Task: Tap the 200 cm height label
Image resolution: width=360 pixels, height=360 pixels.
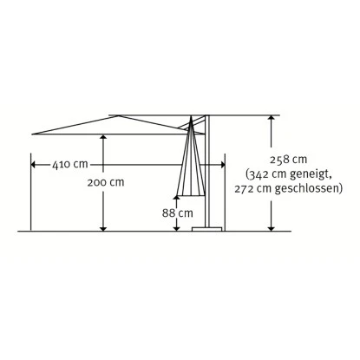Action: (105, 183)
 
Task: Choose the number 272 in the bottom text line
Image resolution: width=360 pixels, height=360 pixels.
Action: (246, 187)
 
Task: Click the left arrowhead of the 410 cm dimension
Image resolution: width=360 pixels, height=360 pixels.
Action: (33, 162)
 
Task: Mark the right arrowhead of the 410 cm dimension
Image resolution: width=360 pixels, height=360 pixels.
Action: (221, 162)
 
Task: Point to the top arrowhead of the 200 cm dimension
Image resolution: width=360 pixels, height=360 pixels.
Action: (103, 137)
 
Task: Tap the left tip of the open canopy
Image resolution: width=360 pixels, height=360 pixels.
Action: (32, 133)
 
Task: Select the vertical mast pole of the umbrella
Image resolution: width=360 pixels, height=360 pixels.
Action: (207, 173)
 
